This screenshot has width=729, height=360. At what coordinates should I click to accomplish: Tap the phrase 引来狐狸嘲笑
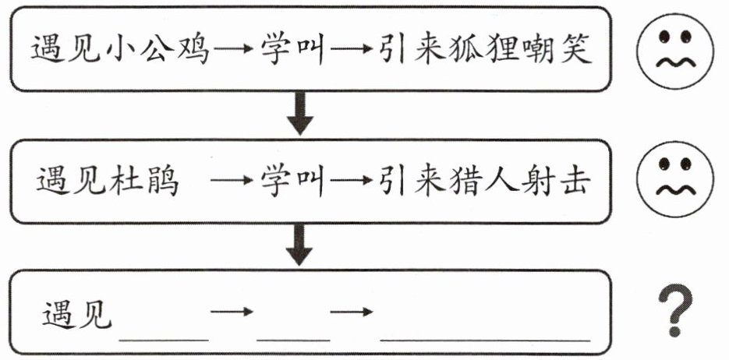(485, 49)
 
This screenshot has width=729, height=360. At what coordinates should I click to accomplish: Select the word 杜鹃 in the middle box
(144, 180)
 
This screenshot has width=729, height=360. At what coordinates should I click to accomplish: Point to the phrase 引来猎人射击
(485, 180)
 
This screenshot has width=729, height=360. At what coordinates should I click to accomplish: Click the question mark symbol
(675, 310)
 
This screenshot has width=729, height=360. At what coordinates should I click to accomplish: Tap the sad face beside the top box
(674, 51)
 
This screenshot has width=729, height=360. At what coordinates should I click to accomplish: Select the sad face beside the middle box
(674, 179)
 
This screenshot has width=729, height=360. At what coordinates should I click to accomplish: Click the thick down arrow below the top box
(300, 113)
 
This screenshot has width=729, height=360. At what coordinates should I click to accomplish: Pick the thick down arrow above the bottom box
(299, 245)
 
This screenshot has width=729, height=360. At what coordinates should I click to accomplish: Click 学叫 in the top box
(292, 49)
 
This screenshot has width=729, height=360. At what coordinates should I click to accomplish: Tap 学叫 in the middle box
(292, 180)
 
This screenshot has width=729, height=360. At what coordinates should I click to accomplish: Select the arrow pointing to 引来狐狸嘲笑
(351, 48)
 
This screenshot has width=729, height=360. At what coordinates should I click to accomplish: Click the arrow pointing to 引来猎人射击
(351, 180)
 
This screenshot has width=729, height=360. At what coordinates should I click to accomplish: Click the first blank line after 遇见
(164, 340)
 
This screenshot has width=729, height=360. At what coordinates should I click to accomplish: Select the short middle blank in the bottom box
(293, 340)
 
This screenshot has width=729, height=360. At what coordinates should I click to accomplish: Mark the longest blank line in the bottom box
(486, 340)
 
